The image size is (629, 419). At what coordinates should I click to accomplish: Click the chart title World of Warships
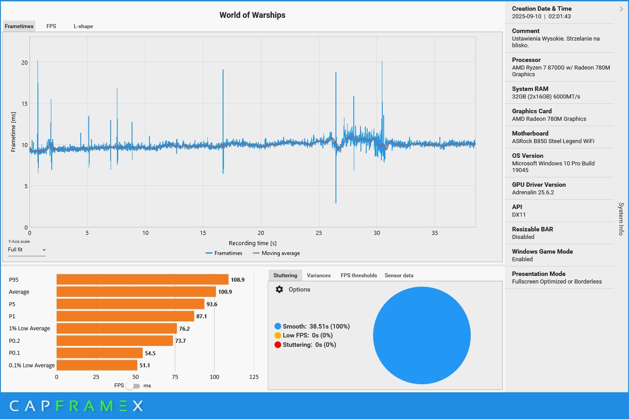[252, 15]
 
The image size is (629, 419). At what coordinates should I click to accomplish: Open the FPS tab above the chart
[51, 26]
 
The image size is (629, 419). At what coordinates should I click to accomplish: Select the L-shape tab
[83, 26]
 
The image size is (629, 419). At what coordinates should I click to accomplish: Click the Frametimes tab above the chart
[19, 26]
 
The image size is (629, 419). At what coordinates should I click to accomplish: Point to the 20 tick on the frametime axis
[25, 62]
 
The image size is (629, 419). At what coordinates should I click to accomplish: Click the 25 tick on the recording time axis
[319, 233]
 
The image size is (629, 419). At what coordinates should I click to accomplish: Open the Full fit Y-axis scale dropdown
[27, 250]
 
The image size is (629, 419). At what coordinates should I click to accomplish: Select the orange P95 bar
[142, 279]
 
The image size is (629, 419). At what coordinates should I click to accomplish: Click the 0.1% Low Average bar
[97, 365]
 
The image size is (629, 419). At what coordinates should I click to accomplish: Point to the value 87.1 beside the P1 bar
[202, 316]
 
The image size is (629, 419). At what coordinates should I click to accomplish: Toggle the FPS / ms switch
[132, 386]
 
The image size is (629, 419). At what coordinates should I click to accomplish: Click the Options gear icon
[279, 289]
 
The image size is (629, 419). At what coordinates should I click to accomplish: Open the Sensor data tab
[399, 275]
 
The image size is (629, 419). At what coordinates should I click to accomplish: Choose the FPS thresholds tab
[359, 275]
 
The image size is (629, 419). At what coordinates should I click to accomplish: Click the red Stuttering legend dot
[278, 345]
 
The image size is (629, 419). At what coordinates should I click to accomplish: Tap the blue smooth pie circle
[422, 335]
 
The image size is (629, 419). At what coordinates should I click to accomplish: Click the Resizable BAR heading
[532, 229]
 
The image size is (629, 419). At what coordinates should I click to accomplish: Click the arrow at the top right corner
[621, 9]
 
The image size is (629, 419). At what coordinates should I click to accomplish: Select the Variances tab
[319, 275]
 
